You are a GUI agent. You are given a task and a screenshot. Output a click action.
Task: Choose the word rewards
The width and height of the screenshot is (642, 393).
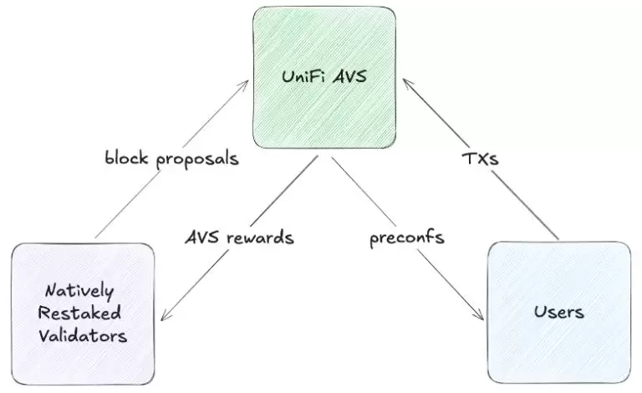[261, 237]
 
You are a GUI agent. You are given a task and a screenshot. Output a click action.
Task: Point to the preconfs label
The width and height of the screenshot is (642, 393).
[406, 237]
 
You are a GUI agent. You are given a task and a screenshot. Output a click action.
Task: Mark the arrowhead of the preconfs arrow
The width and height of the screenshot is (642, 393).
[480, 318]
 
